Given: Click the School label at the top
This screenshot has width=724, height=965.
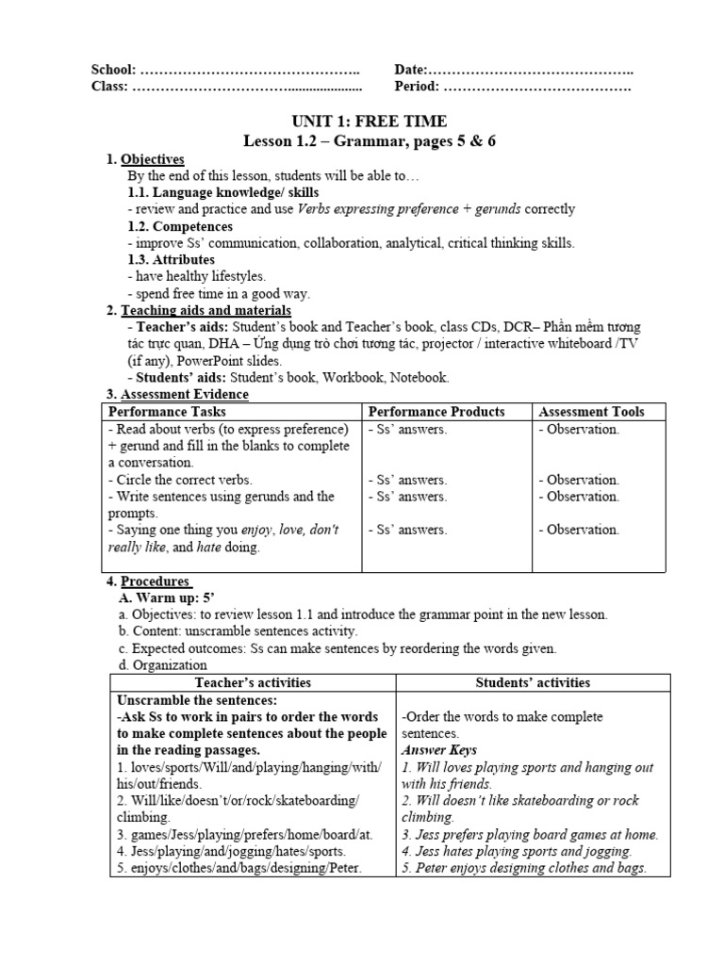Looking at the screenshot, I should click(113, 70).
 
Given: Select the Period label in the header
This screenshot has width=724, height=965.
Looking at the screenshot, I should click(417, 87).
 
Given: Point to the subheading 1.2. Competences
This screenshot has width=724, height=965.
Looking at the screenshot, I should click(180, 226).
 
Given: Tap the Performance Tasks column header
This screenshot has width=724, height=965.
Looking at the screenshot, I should click(168, 412).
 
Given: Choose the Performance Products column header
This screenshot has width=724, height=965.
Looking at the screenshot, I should click(436, 412).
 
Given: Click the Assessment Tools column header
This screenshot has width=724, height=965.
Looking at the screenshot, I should click(592, 412).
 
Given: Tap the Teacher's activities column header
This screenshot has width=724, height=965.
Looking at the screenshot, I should click(253, 682).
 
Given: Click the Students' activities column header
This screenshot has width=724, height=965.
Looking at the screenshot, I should click(534, 682).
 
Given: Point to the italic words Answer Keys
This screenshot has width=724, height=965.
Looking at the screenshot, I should click(437, 750).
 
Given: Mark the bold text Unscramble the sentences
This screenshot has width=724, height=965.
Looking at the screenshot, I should click(196, 700).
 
